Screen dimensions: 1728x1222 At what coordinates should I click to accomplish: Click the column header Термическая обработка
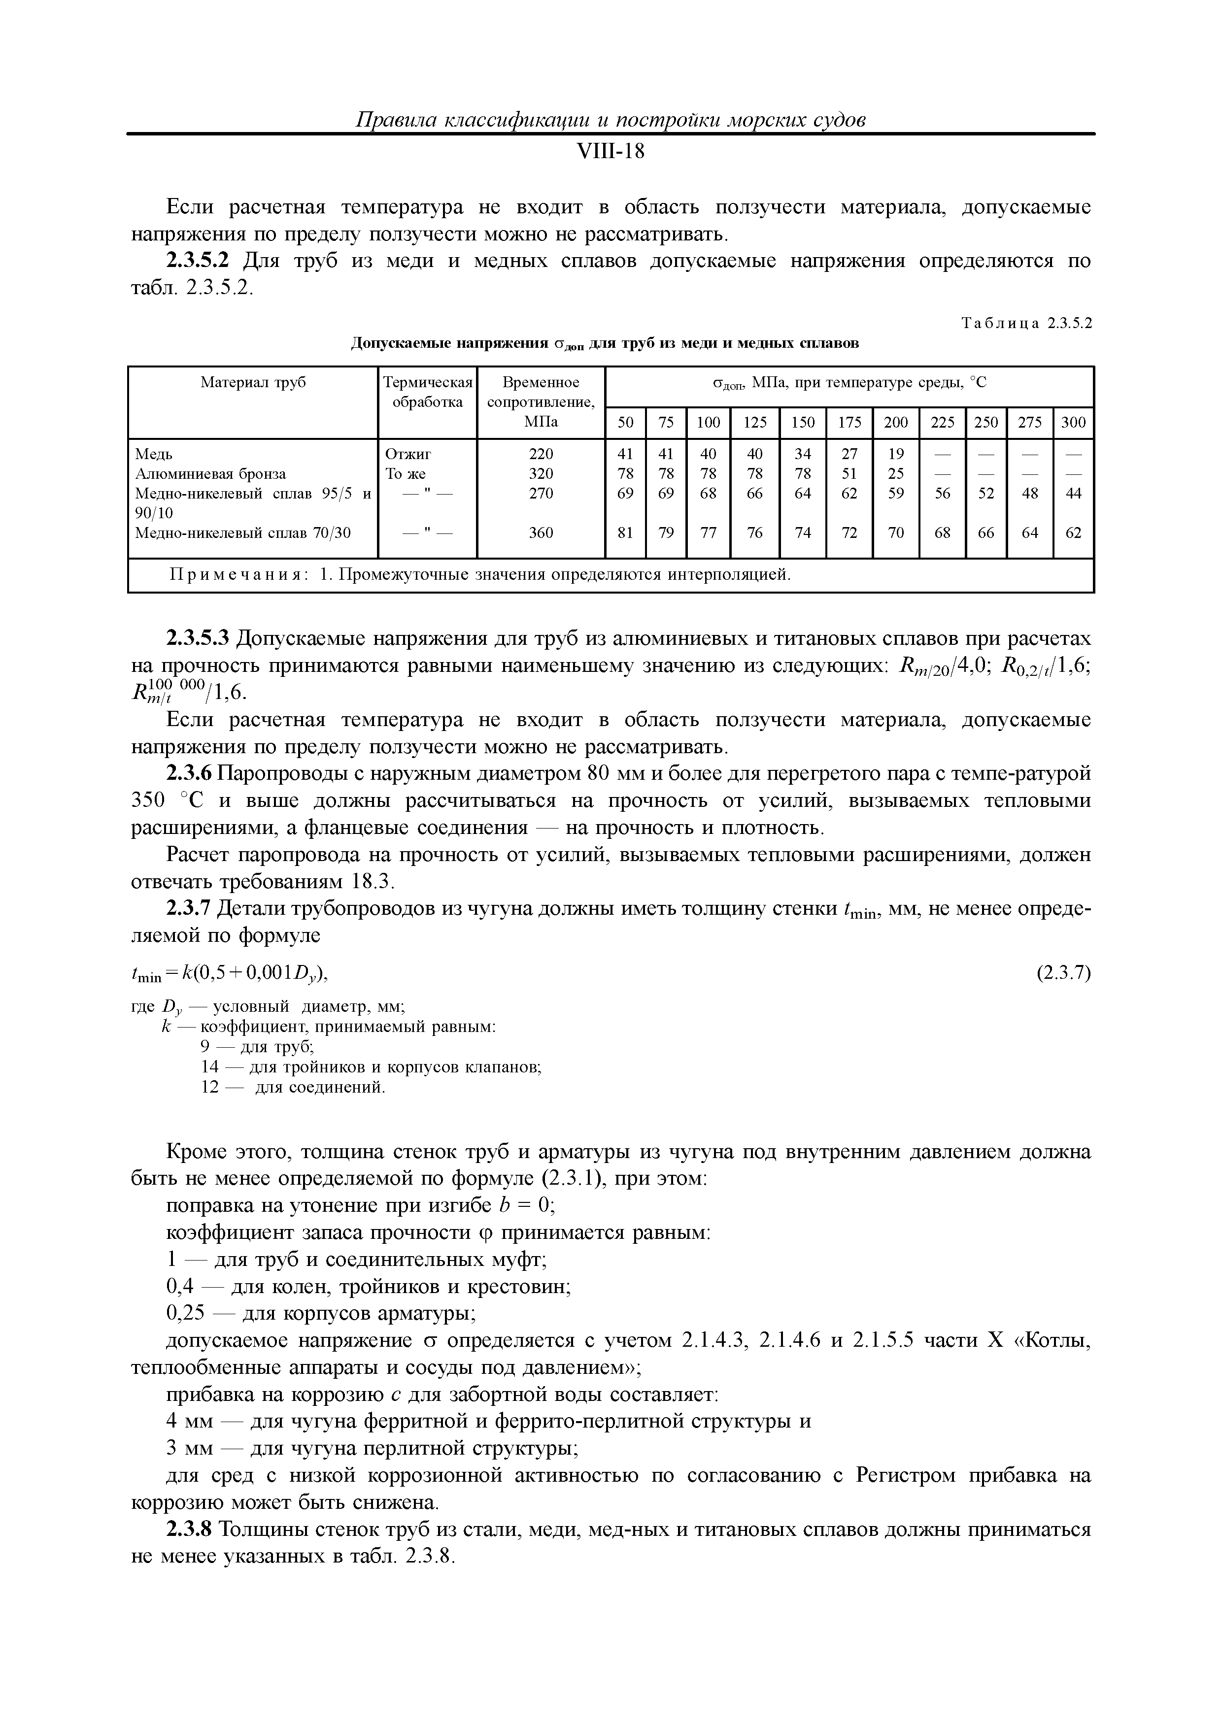[x=428, y=392]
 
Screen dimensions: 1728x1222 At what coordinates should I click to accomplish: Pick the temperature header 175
[x=849, y=422]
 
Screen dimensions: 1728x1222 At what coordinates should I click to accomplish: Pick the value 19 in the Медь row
[x=895, y=454]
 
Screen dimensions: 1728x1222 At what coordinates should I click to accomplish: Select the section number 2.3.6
[x=190, y=774]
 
